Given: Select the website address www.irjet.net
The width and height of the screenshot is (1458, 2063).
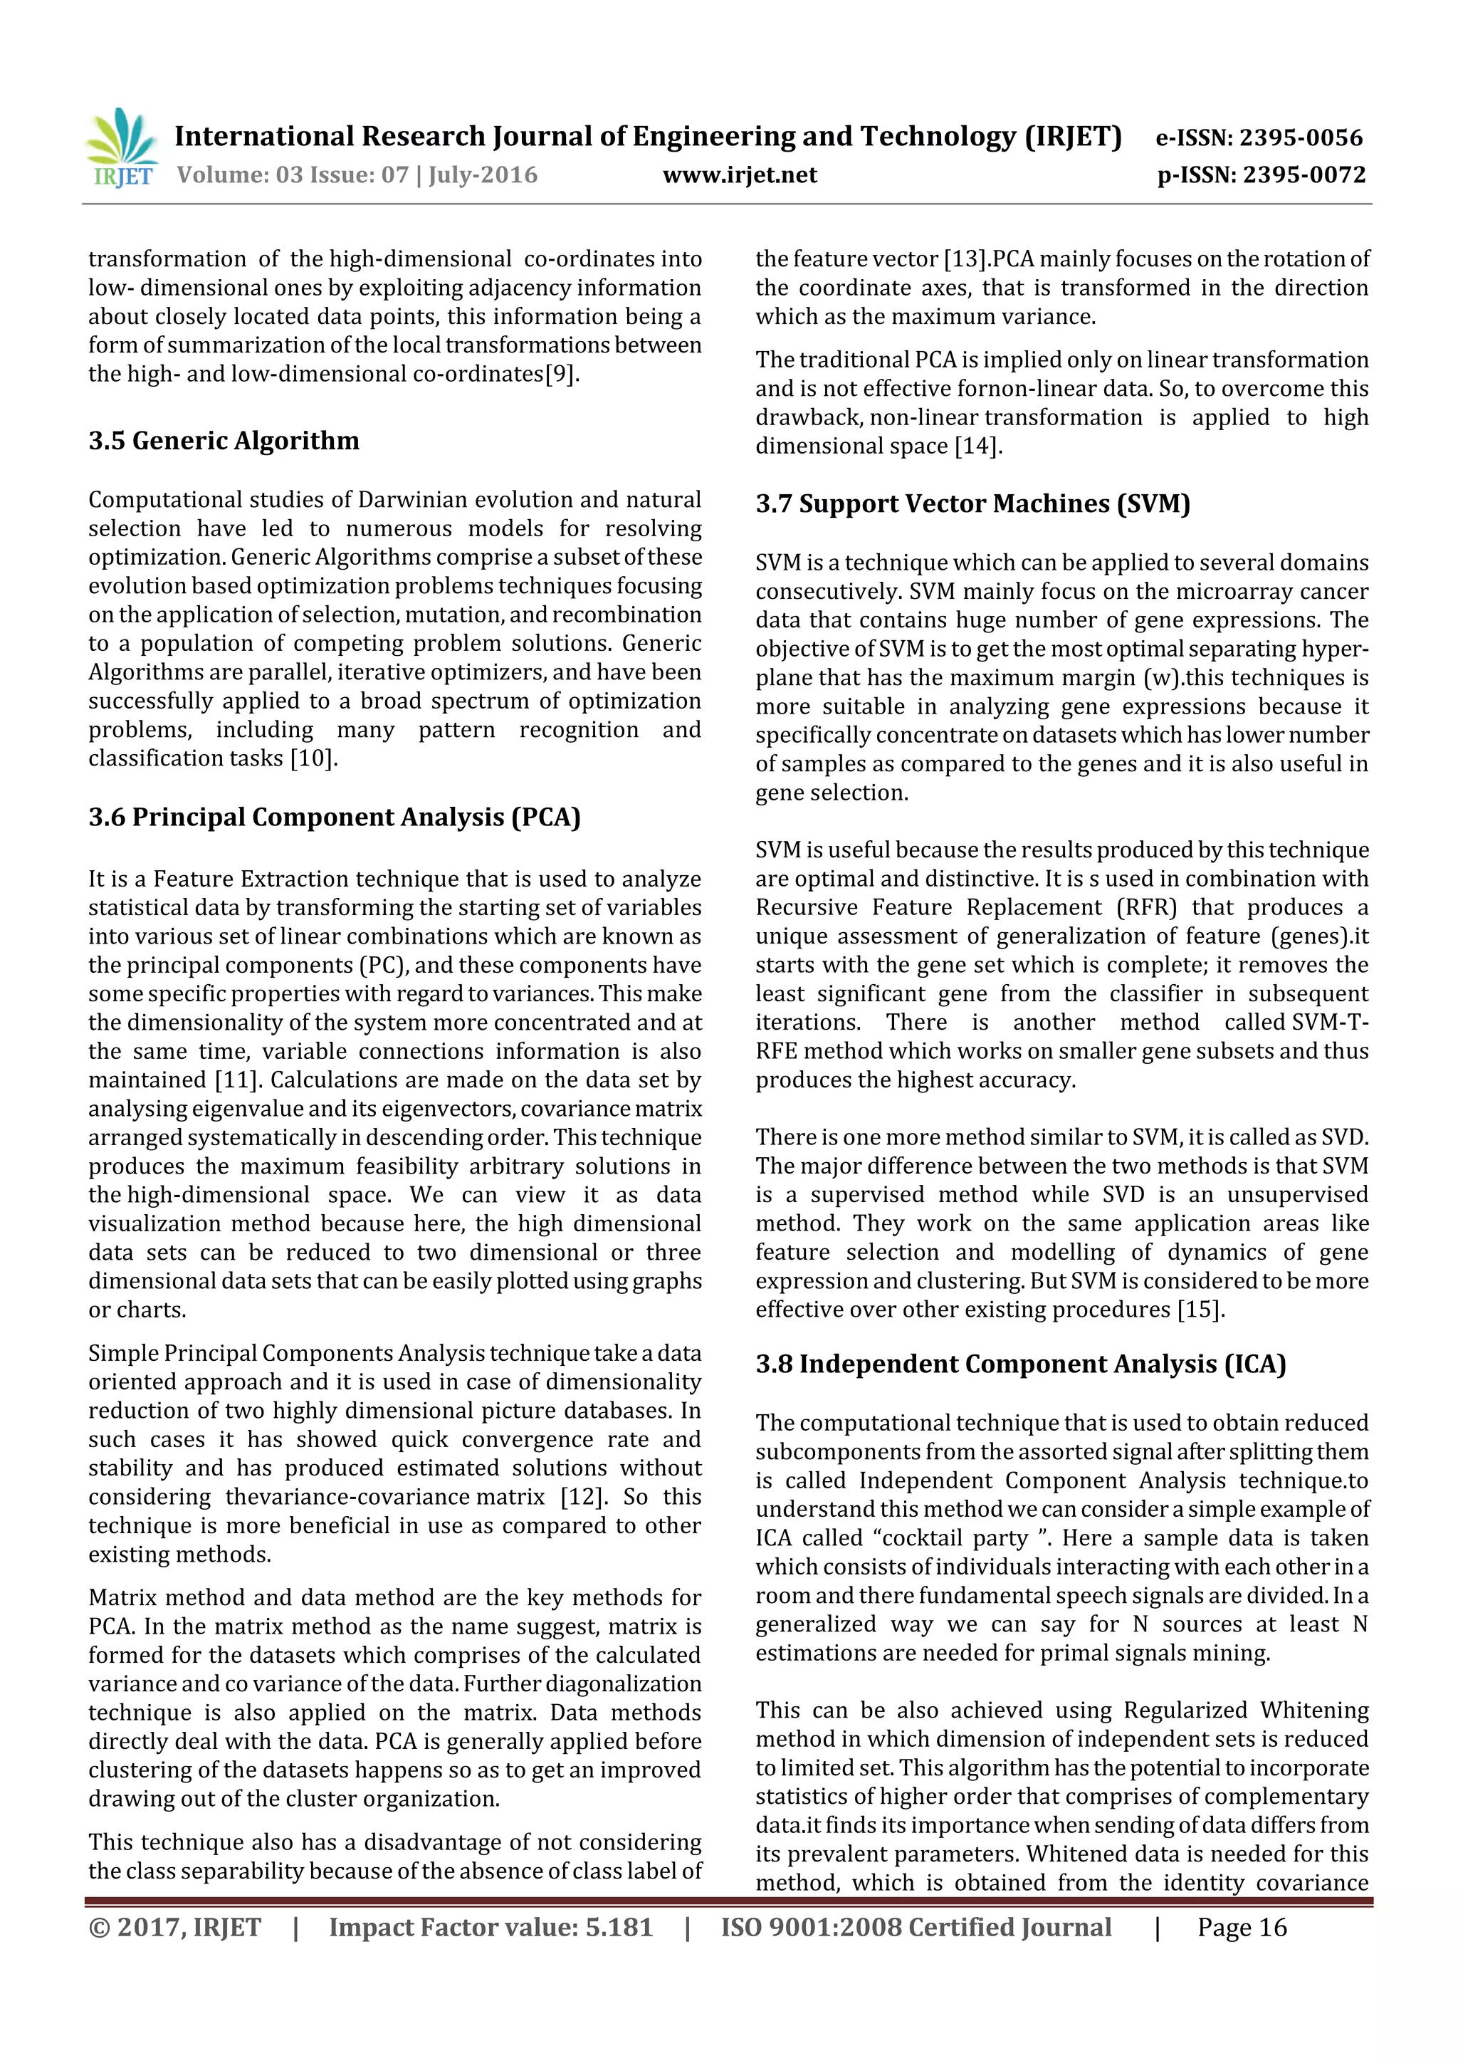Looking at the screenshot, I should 740,174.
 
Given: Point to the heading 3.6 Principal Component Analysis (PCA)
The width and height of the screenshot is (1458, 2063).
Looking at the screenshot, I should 334,817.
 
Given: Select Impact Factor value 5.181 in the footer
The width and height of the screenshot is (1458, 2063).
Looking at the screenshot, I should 491,1926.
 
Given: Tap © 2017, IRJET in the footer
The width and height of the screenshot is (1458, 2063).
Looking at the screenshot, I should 175,1926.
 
